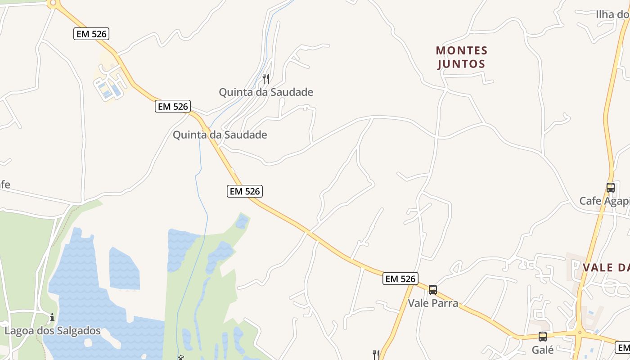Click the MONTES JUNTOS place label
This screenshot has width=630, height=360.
pos(462,57)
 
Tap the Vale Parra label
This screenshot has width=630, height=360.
pos(433,303)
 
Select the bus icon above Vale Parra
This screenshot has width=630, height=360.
pos(433,290)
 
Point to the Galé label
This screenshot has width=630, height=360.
pos(543,350)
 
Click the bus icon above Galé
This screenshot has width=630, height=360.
pos(543,337)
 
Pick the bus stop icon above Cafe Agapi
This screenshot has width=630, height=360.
pos(611,188)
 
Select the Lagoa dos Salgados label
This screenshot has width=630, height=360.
pos(53,331)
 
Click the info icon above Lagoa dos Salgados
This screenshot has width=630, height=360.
pos(52,318)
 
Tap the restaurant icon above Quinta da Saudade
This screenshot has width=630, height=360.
pos(266,79)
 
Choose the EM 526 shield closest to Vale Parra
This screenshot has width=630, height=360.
pos(400,279)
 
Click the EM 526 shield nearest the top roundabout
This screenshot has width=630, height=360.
pos(91,33)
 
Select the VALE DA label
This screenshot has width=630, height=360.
pos(606,268)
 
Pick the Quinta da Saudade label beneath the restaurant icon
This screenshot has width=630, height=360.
pos(266,92)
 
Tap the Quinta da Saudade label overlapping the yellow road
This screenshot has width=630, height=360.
pos(220,135)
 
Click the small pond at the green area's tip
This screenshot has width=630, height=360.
pos(242,221)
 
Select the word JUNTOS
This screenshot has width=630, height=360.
pos(462,64)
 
